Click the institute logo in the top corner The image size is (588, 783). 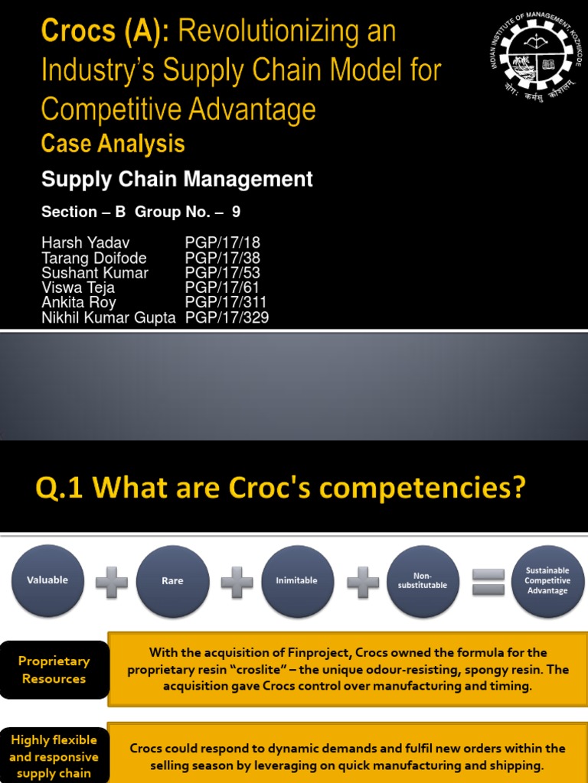coord(536,57)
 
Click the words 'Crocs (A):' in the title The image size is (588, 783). coord(108,31)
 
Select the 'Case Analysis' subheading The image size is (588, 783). coord(113,144)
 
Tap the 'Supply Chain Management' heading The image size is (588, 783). coord(177,180)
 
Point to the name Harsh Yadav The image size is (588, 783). coord(85,243)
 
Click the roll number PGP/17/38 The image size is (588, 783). coord(223,258)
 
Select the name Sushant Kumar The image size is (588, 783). coord(95,273)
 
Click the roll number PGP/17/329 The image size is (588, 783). coord(227,317)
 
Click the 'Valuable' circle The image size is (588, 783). coord(47,580)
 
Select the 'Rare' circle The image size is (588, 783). coord(172,581)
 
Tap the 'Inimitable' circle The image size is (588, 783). coord(297,581)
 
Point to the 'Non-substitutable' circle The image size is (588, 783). coord(423,581)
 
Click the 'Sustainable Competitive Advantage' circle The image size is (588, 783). coord(547,581)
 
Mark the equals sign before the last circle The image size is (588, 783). coord(488,581)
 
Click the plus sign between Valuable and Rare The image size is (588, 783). coord(112,582)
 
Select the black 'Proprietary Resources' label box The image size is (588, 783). coord(54,670)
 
